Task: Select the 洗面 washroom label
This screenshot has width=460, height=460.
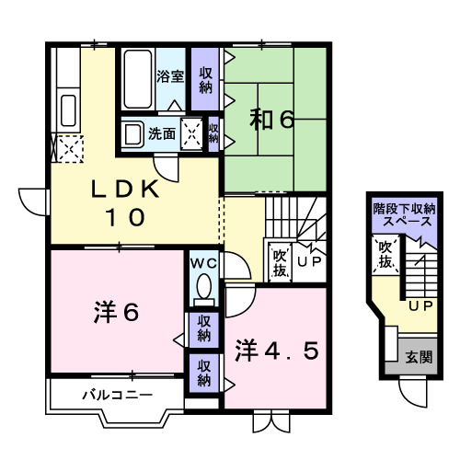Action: pos(164,132)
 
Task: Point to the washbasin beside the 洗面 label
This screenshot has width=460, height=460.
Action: pos(133,132)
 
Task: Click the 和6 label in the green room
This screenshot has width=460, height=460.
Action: pos(272,121)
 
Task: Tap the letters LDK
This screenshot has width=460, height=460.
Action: pos(127,190)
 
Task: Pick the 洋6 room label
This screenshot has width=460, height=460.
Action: pos(115,314)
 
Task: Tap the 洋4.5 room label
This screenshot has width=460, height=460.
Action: pos(281,351)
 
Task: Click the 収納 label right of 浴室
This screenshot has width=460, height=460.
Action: pos(206,81)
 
